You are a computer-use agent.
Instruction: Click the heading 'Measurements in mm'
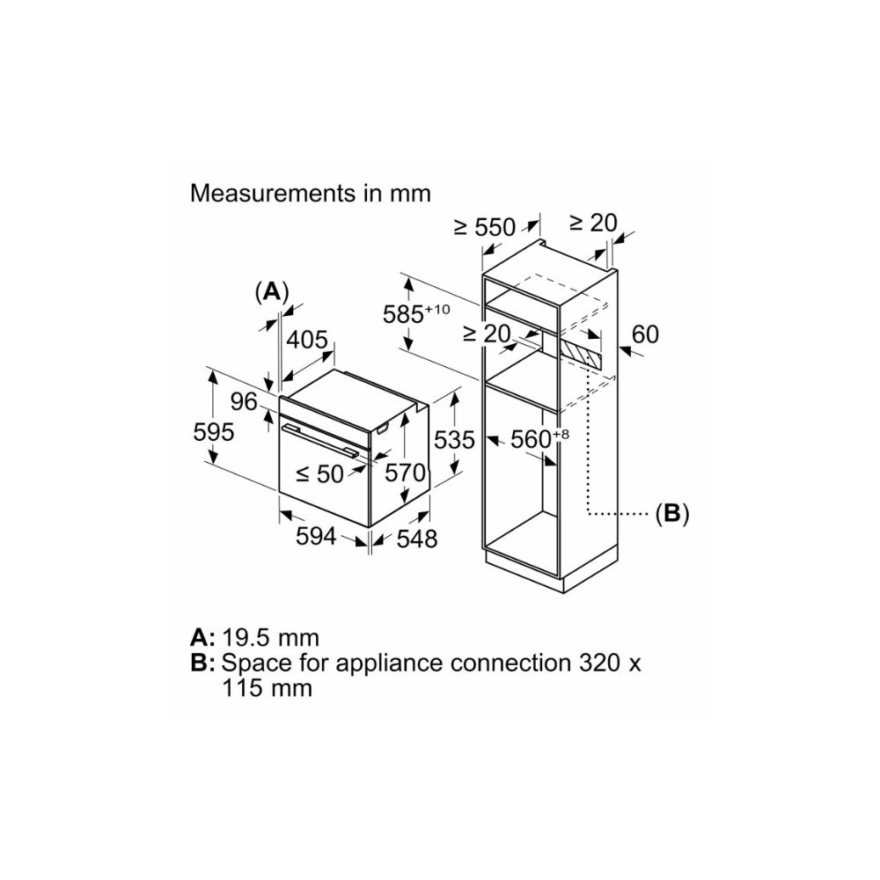click(311, 193)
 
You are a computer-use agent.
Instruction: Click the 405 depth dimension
click(308, 341)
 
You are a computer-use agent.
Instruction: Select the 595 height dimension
click(214, 432)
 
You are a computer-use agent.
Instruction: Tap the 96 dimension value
click(245, 402)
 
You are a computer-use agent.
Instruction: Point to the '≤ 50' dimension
click(319, 473)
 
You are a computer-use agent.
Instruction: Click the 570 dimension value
click(407, 473)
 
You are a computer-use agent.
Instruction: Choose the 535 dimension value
click(453, 439)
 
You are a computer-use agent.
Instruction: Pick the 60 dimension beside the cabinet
click(645, 334)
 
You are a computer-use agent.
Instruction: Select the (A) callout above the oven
click(271, 290)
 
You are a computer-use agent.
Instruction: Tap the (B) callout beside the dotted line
click(671, 514)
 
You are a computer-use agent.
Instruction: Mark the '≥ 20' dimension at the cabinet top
click(593, 223)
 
